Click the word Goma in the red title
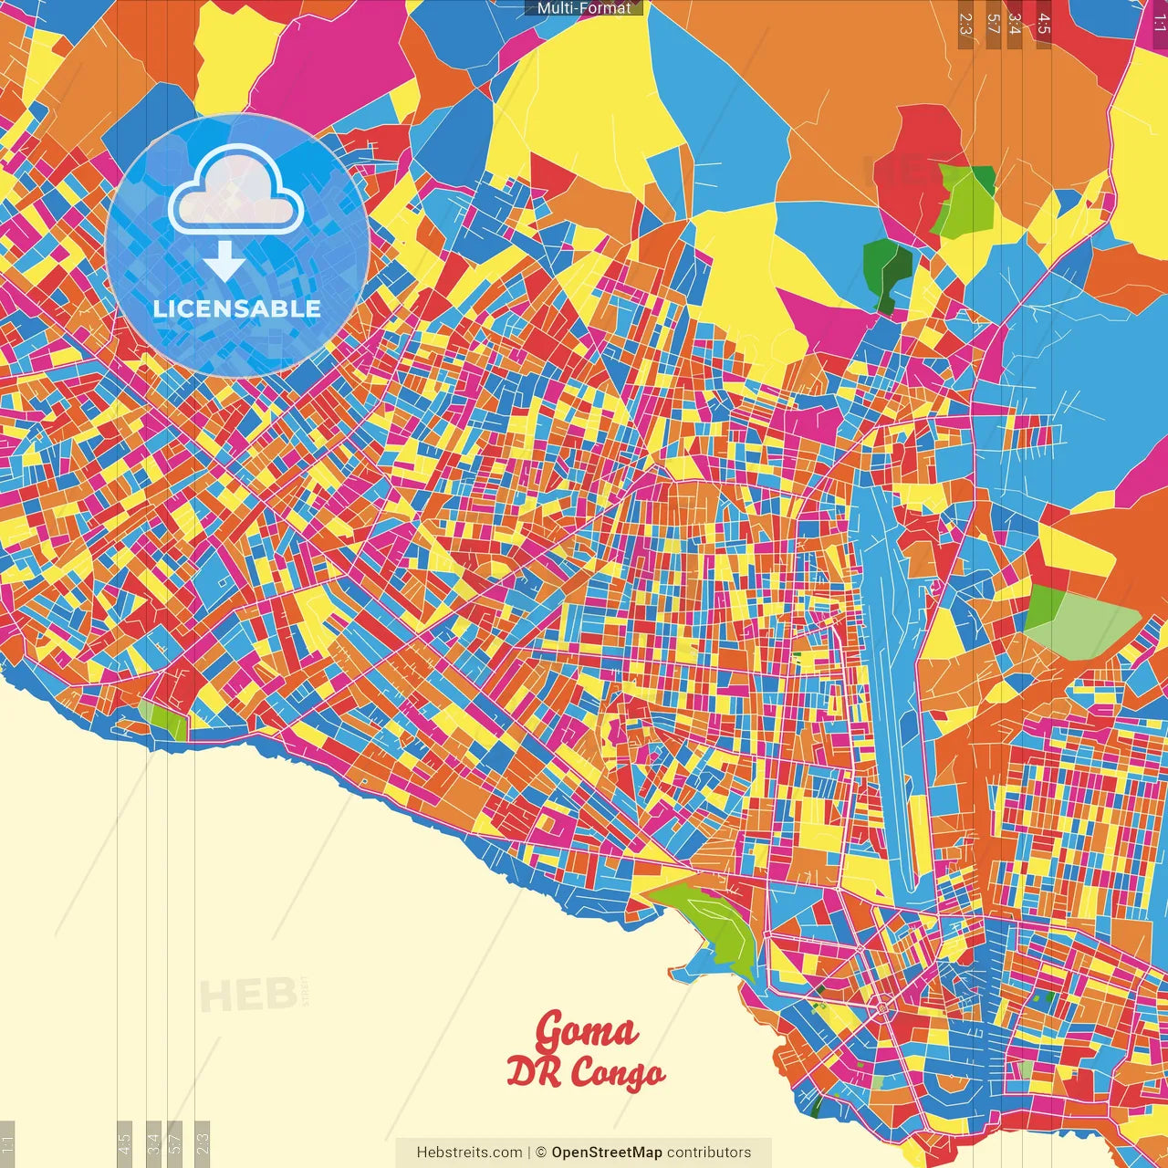point(586,1032)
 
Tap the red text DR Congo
point(586,1072)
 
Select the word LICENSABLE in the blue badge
point(237,308)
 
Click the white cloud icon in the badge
point(235,190)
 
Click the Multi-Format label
point(584,8)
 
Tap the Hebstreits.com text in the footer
point(469,1152)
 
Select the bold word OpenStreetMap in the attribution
point(607,1152)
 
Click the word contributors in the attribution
point(709,1152)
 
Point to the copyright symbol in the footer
point(540,1152)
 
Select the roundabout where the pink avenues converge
point(883,1006)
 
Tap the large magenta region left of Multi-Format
point(333,55)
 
